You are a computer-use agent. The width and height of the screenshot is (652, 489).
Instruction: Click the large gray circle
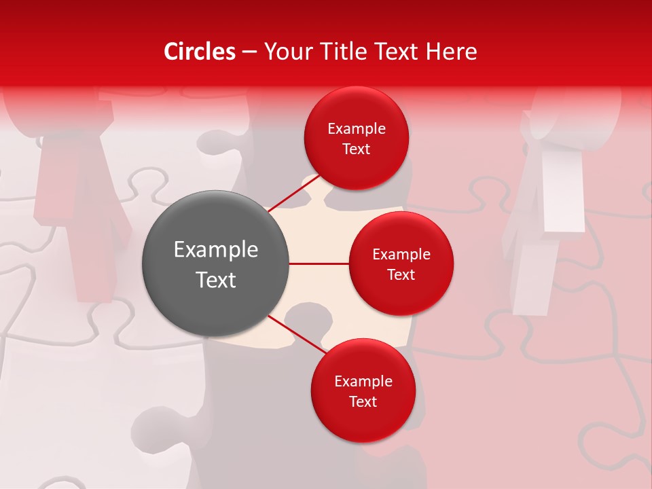[x=215, y=264]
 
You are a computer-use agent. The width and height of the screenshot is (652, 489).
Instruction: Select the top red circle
[x=356, y=138]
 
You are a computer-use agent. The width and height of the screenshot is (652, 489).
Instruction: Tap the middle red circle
[x=401, y=264]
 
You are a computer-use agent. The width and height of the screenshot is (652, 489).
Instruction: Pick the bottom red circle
[x=363, y=391]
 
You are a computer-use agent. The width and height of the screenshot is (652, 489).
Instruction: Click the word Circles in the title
[x=200, y=52]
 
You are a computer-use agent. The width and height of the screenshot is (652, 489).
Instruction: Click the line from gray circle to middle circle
[x=319, y=264]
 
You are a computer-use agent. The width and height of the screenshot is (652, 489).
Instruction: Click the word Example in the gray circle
[x=215, y=250]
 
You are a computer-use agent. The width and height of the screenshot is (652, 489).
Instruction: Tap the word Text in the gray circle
[x=215, y=280]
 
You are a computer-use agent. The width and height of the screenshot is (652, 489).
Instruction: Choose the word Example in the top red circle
[x=356, y=128]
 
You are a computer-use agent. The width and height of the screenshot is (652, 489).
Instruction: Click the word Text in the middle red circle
[x=401, y=274]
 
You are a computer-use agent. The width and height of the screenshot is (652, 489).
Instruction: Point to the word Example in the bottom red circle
[x=363, y=381]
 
